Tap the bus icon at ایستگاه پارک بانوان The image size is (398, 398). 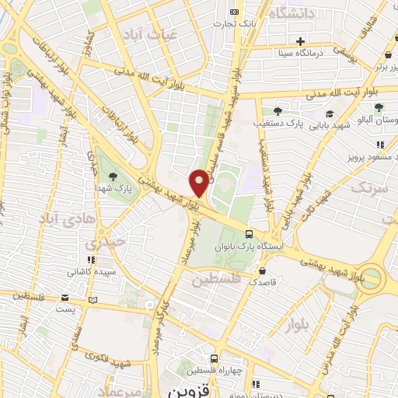click(249, 233)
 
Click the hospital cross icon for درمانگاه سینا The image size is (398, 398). click(299, 41)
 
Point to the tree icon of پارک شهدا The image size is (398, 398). click(113, 177)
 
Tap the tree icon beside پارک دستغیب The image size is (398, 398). click(278, 111)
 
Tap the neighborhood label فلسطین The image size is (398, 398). click(216, 278)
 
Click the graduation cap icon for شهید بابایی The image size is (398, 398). click(330, 113)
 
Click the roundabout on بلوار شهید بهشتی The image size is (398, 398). click(372, 278)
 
